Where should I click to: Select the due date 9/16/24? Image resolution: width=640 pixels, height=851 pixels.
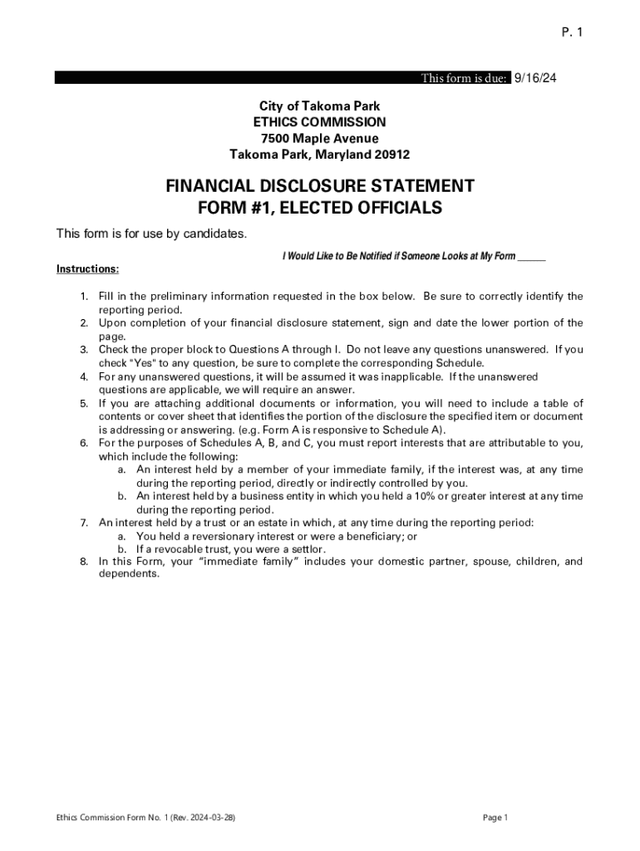(535, 78)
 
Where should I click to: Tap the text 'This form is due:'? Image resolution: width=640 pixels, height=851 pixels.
(464, 78)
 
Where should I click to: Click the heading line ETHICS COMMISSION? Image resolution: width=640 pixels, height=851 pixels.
(320, 122)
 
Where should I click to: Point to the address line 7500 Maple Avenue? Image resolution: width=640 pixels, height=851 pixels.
(320, 138)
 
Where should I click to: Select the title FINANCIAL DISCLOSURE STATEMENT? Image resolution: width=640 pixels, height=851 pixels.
(320, 185)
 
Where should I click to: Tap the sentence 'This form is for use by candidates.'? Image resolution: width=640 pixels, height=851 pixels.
(151, 234)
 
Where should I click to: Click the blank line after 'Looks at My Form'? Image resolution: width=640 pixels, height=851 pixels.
(531, 256)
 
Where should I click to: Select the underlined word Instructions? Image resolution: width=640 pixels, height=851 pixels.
(87, 268)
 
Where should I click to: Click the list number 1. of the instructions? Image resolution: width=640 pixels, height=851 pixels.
(84, 296)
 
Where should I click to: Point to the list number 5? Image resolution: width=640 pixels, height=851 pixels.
(84, 403)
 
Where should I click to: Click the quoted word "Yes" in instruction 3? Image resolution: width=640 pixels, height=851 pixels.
(145, 363)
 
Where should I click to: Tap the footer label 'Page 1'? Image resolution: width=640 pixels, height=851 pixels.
(495, 818)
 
